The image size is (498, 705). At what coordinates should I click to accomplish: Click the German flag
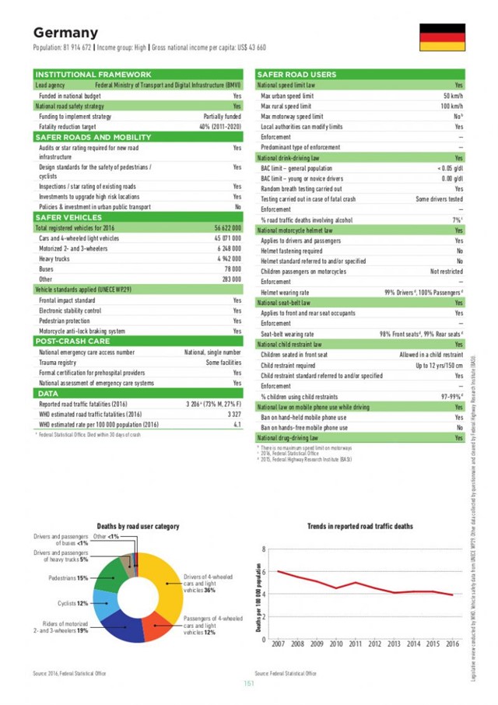(x=443, y=37)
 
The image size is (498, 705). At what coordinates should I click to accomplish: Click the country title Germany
(x=65, y=33)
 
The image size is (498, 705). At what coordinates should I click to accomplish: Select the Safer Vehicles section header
(x=71, y=217)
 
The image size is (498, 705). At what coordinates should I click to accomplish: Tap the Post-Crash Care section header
(x=74, y=341)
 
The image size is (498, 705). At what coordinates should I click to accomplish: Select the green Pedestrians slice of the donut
(x=117, y=573)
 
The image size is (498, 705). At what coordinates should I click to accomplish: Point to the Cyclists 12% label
(x=72, y=603)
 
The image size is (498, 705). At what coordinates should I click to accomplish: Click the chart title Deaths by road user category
(x=138, y=526)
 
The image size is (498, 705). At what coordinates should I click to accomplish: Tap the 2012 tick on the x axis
(x=374, y=644)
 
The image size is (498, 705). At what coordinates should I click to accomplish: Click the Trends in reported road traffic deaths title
(x=360, y=526)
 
